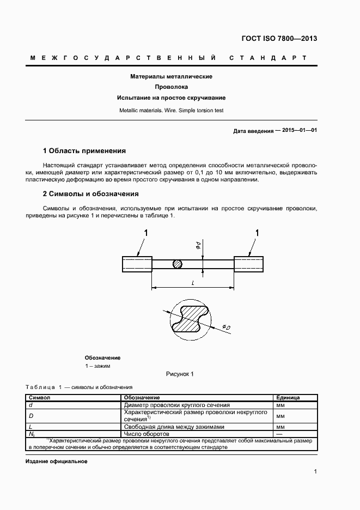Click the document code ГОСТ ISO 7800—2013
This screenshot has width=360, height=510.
(278, 39)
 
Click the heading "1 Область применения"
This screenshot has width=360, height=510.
(84, 150)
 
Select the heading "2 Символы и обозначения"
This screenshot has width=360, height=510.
(90, 193)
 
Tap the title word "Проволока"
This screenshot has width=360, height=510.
(171, 87)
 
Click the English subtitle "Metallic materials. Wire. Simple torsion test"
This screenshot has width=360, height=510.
(171, 110)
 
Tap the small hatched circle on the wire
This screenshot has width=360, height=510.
(178, 264)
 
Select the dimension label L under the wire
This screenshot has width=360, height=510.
(193, 282)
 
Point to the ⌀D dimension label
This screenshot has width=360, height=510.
(225, 327)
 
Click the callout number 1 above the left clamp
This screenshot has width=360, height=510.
(145, 233)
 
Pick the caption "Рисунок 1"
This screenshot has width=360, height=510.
(179, 374)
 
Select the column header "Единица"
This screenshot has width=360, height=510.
(288, 398)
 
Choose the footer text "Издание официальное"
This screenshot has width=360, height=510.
(57, 461)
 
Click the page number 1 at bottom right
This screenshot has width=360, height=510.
(315, 472)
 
